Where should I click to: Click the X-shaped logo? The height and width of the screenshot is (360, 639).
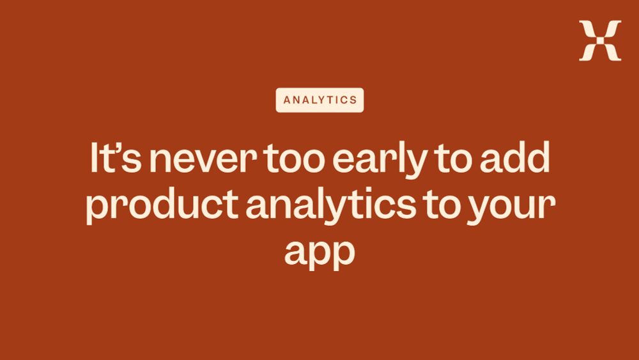[x=600, y=41]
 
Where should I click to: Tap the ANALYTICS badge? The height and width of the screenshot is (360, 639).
[x=320, y=100]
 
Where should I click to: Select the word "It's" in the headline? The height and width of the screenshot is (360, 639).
[x=116, y=157]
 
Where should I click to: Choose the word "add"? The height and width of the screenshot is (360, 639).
[x=515, y=157]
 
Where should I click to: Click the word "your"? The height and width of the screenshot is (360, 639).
[x=511, y=208]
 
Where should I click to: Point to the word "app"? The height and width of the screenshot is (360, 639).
[x=319, y=253]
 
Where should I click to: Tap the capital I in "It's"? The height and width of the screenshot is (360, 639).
[x=93, y=157]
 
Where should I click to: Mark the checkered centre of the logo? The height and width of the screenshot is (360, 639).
[x=600, y=41]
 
